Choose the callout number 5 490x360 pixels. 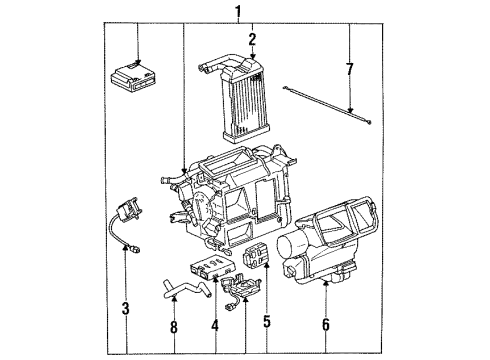click(266, 324)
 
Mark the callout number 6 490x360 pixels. click(328, 324)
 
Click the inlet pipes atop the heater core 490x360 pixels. click(212, 65)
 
